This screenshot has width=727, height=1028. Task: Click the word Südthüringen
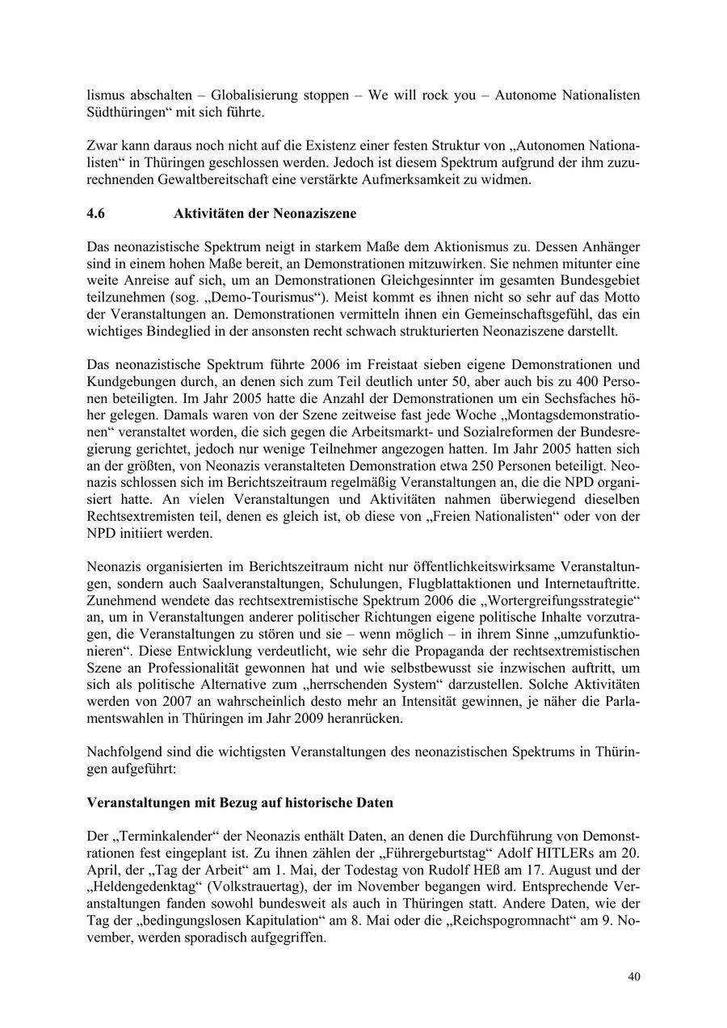(124, 111)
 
